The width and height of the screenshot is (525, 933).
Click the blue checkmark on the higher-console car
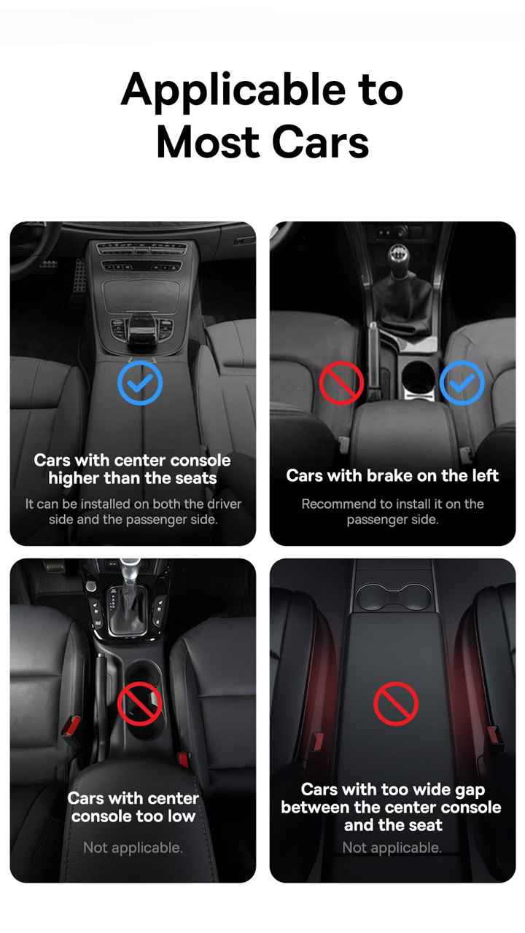click(x=140, y=383)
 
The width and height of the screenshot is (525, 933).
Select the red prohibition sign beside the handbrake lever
click(x=341, y=383)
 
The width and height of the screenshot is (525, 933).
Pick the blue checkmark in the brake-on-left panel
click(x=462, y=383)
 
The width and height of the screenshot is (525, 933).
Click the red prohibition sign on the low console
click(x=139, y=703)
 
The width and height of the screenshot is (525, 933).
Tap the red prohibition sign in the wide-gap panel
click(x=396, y=703)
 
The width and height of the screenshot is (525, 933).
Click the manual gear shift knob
click(x=398, y=255)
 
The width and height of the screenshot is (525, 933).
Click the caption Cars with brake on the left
click(x=392, y=476)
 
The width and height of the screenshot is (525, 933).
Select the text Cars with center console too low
click(x=133, y=807)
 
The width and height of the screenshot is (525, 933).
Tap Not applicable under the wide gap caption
click(x=392, y=848)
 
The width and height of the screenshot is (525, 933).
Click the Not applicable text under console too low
click(x=133, y=848)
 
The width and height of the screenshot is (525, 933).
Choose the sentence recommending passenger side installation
click(x=392, y=512)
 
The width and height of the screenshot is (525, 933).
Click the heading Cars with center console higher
click(x=133, y=469)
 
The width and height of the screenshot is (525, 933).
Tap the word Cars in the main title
click(x=320, y=143)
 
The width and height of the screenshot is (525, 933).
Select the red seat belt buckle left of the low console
click(x=71, y=725)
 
